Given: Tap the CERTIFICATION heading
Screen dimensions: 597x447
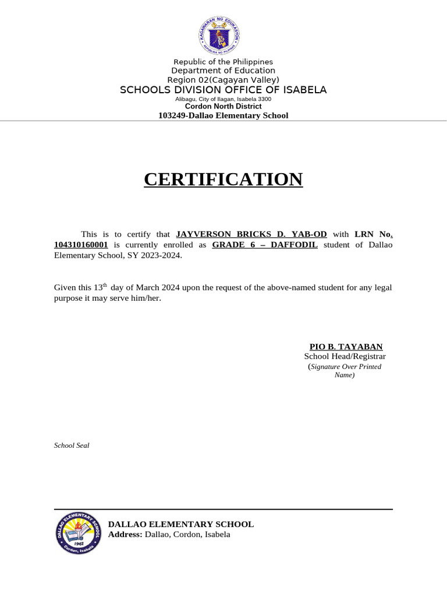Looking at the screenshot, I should (223, 180).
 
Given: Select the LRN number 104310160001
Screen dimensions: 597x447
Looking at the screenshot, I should (81, 245).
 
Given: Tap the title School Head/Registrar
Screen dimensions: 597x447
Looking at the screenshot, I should (345, 356).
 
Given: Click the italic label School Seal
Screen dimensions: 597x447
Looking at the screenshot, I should (72, 445).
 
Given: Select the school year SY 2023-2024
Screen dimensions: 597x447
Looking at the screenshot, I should (157, 255).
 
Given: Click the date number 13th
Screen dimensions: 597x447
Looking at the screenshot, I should (101, 287).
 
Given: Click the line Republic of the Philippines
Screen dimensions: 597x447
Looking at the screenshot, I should (223, 62).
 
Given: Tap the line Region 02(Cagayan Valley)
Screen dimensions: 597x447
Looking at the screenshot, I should (223, 80).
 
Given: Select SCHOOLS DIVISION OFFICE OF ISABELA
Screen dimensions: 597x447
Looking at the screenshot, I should (223, 90).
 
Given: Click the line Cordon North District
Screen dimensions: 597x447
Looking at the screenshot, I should (223, 106).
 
